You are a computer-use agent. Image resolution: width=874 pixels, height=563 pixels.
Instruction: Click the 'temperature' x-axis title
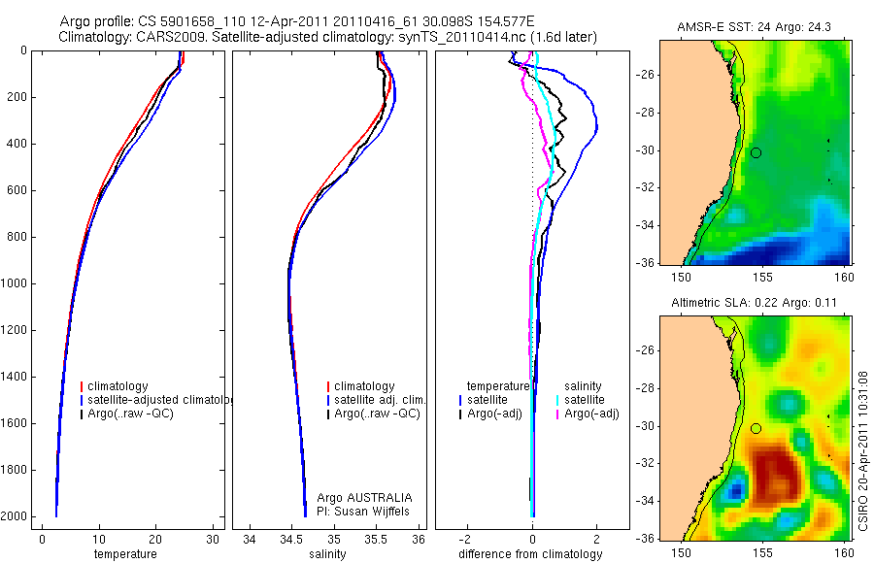[124, 554]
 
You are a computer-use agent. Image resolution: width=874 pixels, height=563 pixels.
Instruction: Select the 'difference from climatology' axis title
[532, 554]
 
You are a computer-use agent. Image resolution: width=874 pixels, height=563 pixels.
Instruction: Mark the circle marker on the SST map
[756, 152]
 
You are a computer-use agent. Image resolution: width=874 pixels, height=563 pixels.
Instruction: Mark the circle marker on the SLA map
[756, 428]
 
